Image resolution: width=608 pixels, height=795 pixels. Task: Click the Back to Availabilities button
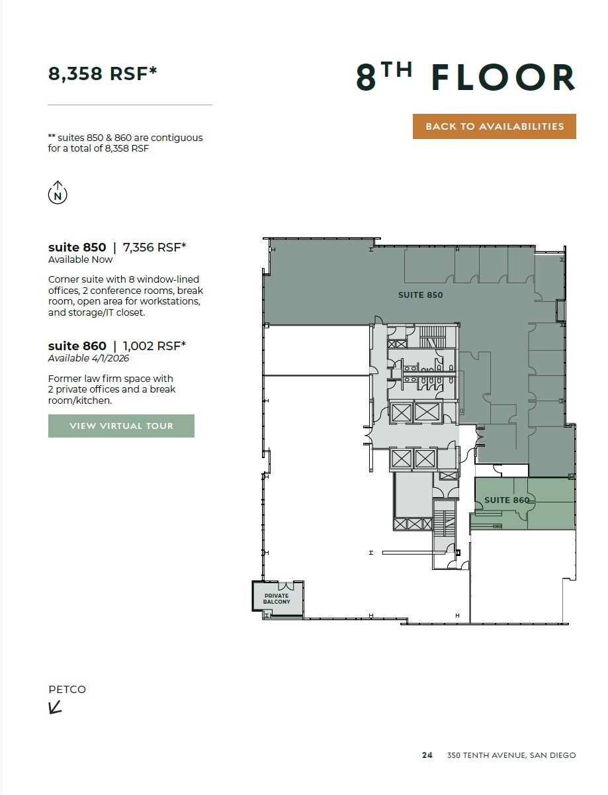[494, 126]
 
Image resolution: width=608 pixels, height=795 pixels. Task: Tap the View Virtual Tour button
[121, 426]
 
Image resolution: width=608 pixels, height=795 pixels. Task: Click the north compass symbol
[58, 193]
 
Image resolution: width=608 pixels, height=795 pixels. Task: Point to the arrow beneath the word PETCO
[56, 708]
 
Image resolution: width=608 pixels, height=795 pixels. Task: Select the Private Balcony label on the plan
[277, 599]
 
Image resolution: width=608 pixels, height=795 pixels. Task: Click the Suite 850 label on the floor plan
[420, 295]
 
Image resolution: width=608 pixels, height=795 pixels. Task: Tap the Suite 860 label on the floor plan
[507, 500]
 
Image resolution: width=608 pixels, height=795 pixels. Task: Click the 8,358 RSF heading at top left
[103, 73]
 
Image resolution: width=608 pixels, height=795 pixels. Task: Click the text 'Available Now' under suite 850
[80, 259]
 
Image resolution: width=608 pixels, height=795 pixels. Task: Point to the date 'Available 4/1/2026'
[89, 358]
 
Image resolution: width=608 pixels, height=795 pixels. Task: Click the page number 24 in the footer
[427, 755]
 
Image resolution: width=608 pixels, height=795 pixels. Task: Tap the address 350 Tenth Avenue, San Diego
[511, 755]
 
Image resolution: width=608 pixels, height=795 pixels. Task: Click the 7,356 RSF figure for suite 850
[155, 248]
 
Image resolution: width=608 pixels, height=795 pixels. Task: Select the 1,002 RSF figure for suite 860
[155, 346]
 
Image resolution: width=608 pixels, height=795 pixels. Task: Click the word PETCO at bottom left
[67, 690]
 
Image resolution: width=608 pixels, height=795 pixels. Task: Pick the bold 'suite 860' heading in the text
[77, 346]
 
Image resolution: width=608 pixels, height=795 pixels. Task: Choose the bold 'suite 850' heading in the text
[77, 248]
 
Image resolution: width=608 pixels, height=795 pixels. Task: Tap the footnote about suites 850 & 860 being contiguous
[125, 143]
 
